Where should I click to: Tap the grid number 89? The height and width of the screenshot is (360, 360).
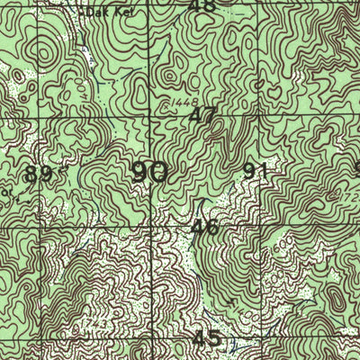38,174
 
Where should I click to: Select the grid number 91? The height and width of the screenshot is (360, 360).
256,170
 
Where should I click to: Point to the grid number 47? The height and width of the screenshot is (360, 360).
204,114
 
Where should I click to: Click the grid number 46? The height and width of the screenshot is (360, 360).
204,226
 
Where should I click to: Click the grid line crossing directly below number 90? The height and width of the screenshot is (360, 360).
149,228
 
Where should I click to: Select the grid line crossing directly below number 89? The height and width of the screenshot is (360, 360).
39,229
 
